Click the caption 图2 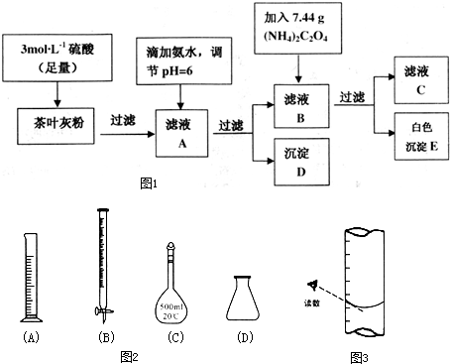tap(129, 354)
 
